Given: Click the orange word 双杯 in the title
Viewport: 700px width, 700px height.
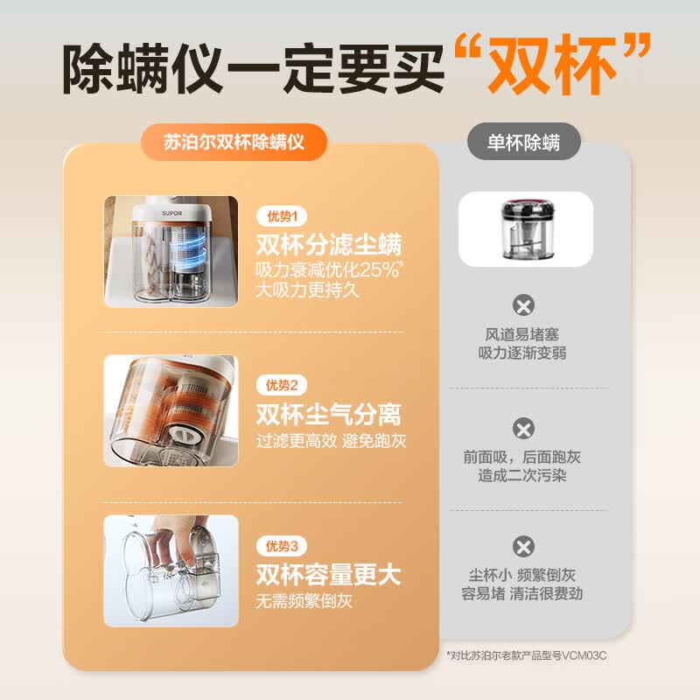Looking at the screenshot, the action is [x=553, y=65].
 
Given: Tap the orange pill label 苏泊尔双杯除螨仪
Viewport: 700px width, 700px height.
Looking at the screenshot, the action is [x=234, y=143].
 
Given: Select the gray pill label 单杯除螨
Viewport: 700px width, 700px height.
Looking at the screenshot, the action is [x=523, y=143].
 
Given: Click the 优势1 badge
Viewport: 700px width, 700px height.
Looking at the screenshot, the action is [x=282, y=216].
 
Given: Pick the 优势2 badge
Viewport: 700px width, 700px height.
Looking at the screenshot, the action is [x=282, y=385].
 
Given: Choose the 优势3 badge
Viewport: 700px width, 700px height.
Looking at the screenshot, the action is [x=282, y=545].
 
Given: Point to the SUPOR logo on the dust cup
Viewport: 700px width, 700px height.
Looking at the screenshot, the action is [x=171, y=213].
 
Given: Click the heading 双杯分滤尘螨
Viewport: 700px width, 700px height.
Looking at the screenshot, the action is [x=329, y=244].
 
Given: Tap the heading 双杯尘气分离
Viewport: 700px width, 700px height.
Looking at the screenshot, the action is [x=329, y=414].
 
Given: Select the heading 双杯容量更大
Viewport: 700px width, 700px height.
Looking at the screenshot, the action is [x=329, y=575].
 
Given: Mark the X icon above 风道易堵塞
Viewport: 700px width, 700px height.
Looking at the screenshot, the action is [x=523, y=305].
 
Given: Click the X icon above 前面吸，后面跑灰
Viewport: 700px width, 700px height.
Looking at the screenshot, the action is [x=523, y=429].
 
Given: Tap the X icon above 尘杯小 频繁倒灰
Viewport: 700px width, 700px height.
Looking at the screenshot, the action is [x=523, y=546].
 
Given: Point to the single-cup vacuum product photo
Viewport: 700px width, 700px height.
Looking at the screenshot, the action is [x=526, y=229].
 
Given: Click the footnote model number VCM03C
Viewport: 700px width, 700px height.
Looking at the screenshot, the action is [x=584, y=655].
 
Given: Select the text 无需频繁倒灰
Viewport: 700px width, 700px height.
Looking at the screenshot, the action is [x=304, y=601].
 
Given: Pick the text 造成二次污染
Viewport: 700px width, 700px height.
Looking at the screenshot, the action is [x=521, y=476].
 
